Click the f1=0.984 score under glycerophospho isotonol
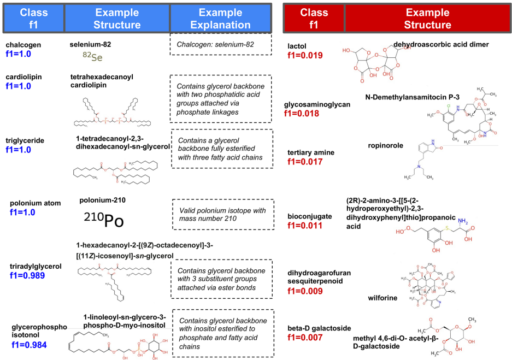[x=29, y=345]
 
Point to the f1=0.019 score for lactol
[x=305, y=55]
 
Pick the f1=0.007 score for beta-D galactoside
[x=305, y=338]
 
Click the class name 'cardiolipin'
[x=24, y=77]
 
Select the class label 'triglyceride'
[x=26, y=140]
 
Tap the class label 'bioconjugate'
[x=309, y=216]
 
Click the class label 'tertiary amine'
[x=311, y=152]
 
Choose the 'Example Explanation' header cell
[x=221, y=18]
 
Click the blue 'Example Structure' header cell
[x=117, y=18]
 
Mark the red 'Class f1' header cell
[x=314, y=18]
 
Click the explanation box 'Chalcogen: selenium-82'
[x=221, y=44]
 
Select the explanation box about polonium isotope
[x=221, y=214]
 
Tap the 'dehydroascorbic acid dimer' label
[x=440, y=45]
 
